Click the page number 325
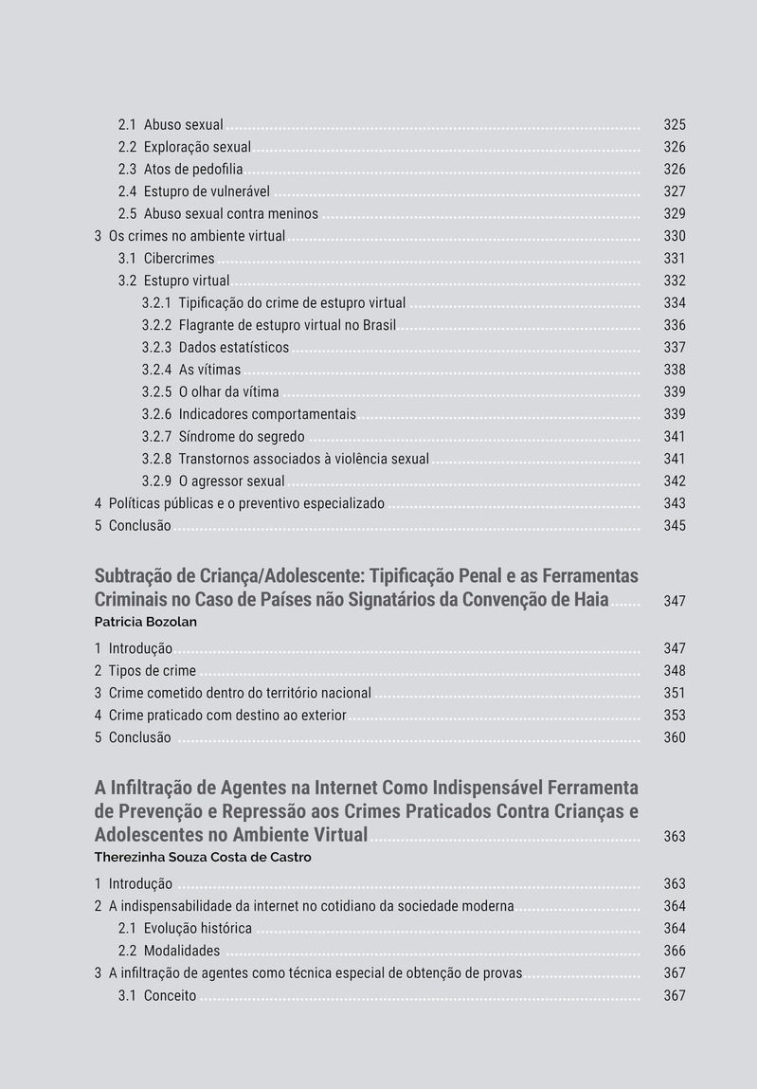tap(674, 125)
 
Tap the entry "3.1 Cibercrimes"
tap(166, 259)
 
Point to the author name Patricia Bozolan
tap(145, 623)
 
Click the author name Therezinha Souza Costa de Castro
tap(203, 858)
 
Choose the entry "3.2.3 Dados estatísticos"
tap(215, 348)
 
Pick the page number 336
tap(674, 325)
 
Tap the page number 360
tap(674, 737)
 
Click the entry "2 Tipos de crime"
tap(145, 671)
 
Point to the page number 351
tap(674, 693)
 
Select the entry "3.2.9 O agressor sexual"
tap(213, 481)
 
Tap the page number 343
tap(674, 503)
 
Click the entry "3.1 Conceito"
tap(157, 995)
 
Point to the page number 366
tap(674, 951)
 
